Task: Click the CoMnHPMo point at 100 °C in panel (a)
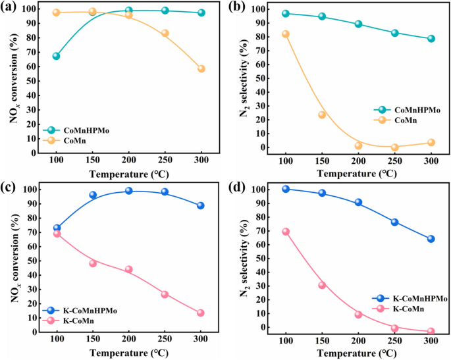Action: click(57, 56)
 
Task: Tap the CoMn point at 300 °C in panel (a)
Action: click(201, 68)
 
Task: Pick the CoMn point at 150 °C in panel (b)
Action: click(322, 115)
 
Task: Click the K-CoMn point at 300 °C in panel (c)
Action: click(201, 313)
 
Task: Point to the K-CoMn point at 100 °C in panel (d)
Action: click(286, 232)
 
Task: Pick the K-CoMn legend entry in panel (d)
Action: click(402, 308)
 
